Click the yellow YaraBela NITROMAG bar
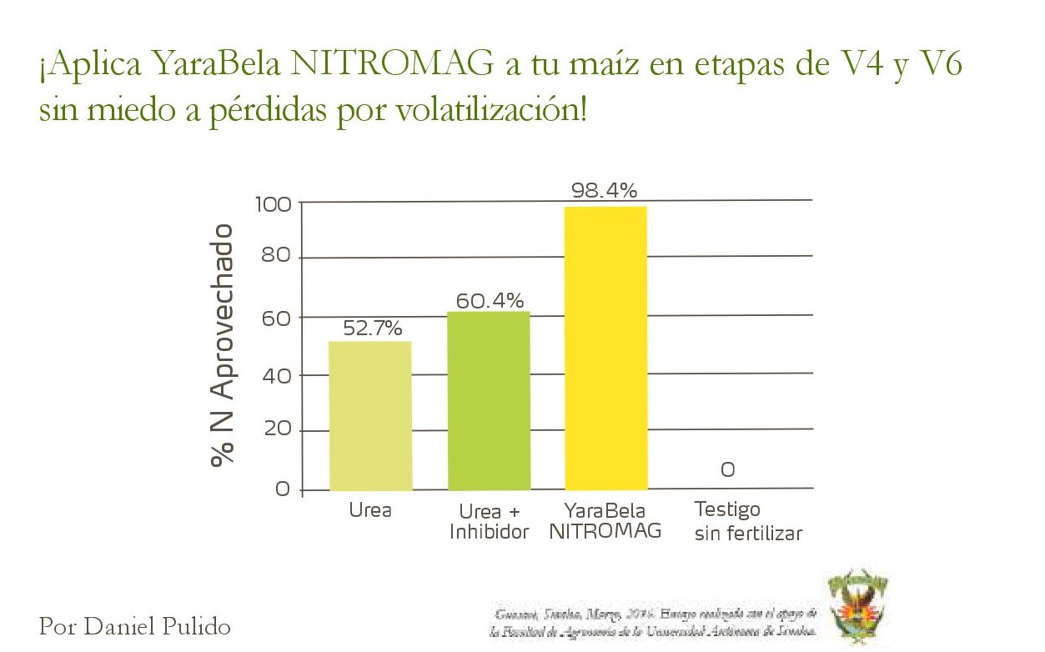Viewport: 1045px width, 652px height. point(605,348)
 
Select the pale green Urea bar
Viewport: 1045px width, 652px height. point(369,415)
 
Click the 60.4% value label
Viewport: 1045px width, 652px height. point(490,301)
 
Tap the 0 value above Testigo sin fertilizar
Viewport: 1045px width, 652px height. point(727,470)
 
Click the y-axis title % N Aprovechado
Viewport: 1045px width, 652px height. point(223,344)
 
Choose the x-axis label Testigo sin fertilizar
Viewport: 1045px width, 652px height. point(748,521)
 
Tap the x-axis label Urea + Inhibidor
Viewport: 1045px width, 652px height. point(490,522)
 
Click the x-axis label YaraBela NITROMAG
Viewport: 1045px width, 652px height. point(605,521)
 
